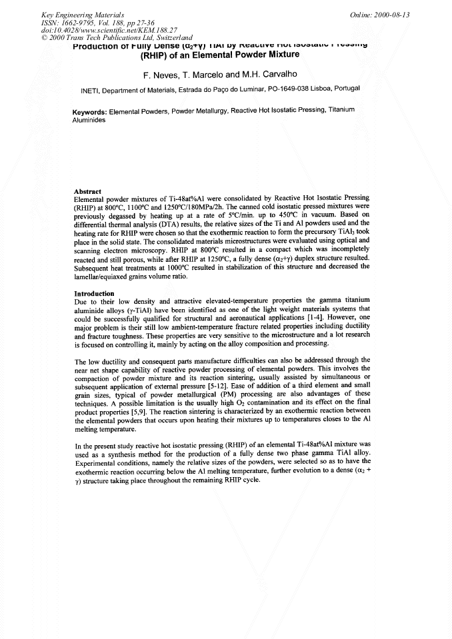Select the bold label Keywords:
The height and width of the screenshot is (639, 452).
pyautogui.click(x=90, y=111)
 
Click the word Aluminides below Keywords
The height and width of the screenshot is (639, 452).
pyautogui.click(x=89, y=119)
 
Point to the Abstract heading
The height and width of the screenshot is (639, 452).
pyautogui.click(x=87, y=191)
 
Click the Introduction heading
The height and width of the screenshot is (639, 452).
pyautogui.click(x=94, y=293)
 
